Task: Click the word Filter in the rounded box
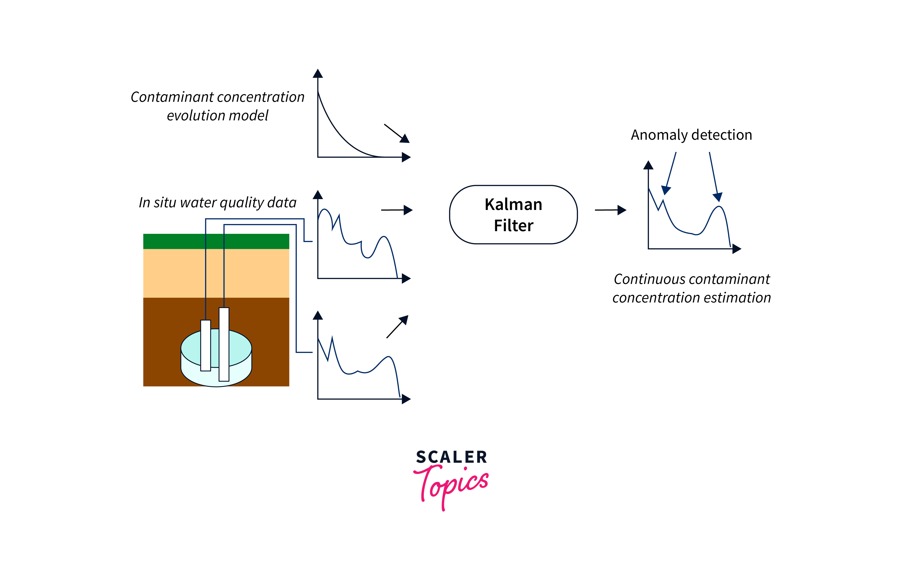[x=513, y=225]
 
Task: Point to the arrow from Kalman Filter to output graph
[x=610, y=210]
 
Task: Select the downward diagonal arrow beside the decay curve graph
[x=396, y=133]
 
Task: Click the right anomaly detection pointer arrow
[x=714, y=176]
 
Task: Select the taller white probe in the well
[x=224, y=344]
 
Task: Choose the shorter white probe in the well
[x=206, y=345]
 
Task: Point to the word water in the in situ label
[x=198, y=203]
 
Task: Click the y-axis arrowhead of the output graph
[x=648, y=165]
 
